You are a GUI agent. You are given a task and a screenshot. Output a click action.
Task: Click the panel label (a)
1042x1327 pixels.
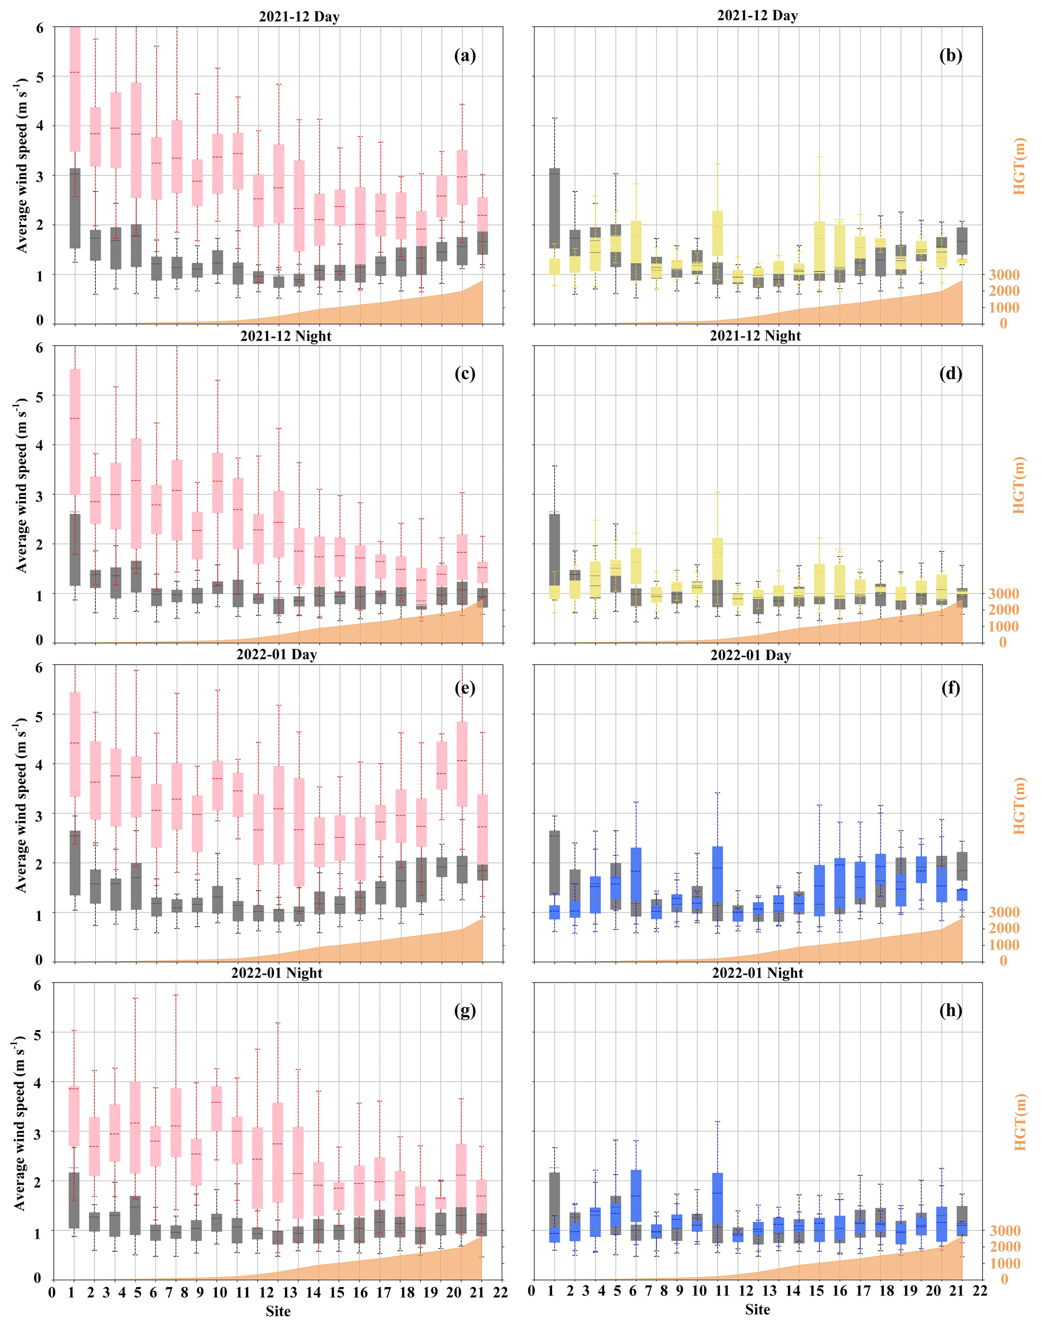464,56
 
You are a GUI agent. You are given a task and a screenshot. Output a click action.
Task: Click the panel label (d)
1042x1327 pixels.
950,374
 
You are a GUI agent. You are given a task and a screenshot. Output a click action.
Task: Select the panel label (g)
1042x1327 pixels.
464,1010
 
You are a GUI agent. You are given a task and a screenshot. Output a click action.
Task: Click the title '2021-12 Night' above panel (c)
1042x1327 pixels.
285,336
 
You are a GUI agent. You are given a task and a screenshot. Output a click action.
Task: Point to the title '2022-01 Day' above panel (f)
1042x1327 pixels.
751,656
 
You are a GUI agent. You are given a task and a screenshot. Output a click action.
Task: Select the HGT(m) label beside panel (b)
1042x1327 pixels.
1019,166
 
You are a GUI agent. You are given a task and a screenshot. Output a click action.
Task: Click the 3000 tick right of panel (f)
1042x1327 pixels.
1004,912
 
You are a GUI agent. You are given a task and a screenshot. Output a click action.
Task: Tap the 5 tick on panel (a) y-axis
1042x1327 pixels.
40,78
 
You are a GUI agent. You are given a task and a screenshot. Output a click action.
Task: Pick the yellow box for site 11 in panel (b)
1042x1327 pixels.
717,233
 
